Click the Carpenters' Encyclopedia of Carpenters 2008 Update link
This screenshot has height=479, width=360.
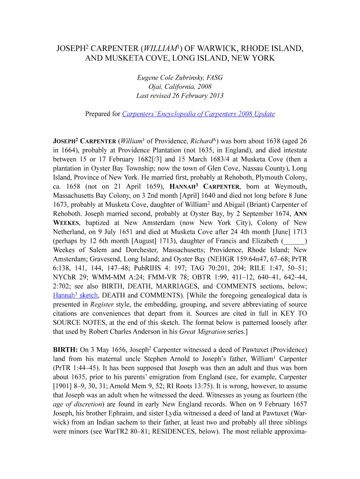pyautogui.click(x=198, y=114)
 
